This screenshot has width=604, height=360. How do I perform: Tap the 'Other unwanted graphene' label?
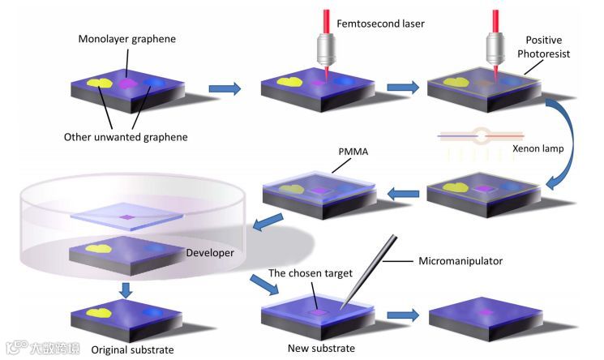pyautogui.click(x=126, y=137)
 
